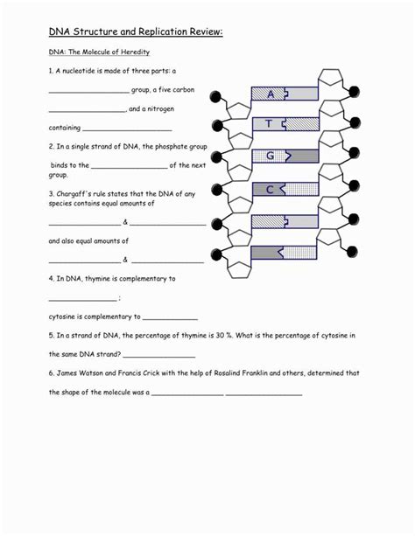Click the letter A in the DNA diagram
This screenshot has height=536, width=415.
click(271, 94)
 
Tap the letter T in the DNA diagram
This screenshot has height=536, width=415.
click(269, 123)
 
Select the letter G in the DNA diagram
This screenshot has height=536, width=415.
click(271, 156)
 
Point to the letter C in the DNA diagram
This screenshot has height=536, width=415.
click(270, 189)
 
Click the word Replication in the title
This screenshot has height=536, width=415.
click(163, 31)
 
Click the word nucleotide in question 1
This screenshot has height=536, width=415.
click(81, 71)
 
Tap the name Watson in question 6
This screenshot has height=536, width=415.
click(91, 373)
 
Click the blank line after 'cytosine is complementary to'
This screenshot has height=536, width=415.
click(170, 320)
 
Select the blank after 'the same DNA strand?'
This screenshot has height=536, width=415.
click(159, 358)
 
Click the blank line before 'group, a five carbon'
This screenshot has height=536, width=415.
click(89, 93)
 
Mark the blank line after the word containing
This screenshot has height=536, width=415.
click(127, 130)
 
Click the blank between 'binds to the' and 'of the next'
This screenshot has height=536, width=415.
click(130, 168)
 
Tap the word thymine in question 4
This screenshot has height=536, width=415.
click(99, 279)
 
